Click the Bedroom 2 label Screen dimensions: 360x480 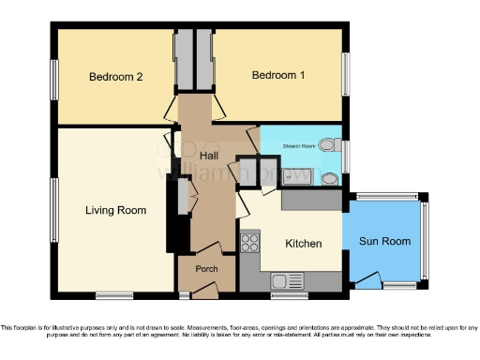(115, 77)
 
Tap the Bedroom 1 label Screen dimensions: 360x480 (277, 75)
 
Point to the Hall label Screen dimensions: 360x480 (211, 154)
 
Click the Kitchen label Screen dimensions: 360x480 (303, 244)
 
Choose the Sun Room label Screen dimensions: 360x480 (384, 242)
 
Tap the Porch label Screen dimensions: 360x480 (206, 270)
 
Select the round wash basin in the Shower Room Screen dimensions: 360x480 (329, 178)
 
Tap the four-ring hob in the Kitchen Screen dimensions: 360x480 (250, 243)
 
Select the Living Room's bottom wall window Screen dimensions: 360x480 (113, 295)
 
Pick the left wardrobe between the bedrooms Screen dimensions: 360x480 (184, 60)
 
